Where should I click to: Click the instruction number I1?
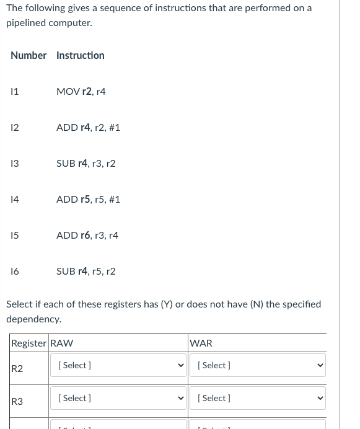[15, 92]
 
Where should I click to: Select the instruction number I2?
[15, 128]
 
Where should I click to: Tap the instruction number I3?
[15, 164]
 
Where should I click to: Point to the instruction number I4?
[15, 200]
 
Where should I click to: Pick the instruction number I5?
[15, 236]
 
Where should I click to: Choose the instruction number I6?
[15, 272]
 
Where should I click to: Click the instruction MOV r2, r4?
[81, 92]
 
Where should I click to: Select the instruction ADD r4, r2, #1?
[88, 128]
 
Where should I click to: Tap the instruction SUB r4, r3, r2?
[86, 164]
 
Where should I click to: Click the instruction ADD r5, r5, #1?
[88, 200]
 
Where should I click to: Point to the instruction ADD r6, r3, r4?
[87, 236]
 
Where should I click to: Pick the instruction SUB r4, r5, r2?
[86, 272]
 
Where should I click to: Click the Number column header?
[29, 56]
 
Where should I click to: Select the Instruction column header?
[81, 56]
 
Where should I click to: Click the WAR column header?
[201, 343]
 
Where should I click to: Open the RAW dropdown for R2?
[118, 365]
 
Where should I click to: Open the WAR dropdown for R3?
[258, 398]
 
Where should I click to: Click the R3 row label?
[17, 402]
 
